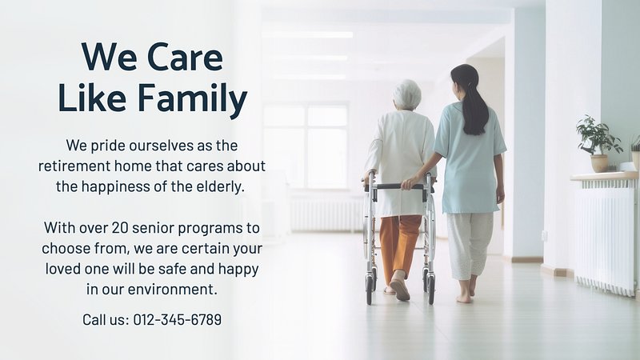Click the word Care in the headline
point(185,57)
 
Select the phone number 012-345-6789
point(178,319)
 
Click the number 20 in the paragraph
point(119,228)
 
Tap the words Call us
point(106,319)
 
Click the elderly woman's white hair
point(407,94)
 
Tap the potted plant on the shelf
point(598,143)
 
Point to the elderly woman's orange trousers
point(399,246)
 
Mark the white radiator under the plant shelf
point(606,238)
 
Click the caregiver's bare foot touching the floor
point(464,298)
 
